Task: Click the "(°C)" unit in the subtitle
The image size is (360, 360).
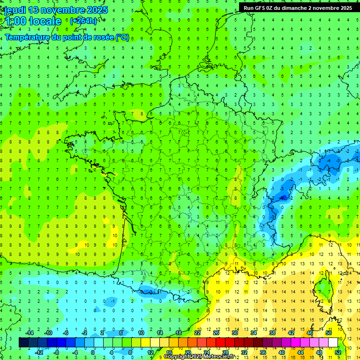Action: (x=122, y=37)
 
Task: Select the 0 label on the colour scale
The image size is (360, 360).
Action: (x=93, y=352)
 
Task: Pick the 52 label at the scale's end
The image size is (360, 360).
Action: (x=338, y=352)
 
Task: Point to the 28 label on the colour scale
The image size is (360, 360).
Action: (x=225, y=352)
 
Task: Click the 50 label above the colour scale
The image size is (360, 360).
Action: (x=329, y=333)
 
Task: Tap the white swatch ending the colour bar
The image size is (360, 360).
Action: (x=333, y=343)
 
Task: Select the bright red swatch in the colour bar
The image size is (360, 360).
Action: (x=220, y=343)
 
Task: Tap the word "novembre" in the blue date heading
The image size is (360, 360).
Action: (x=67, y=10)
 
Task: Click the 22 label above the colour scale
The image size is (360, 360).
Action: (x=197, y=333)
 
